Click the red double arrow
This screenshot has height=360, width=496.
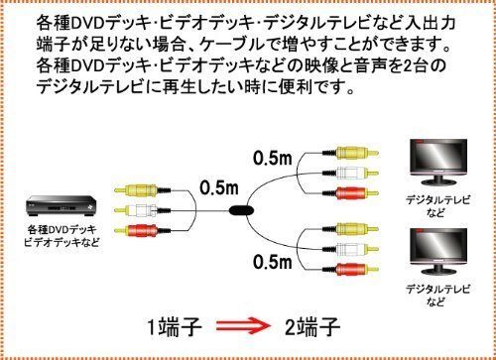(x=245, y=325)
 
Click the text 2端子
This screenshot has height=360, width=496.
(x=316, y=325)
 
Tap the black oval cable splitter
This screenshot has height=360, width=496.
(x=242, y=211)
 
